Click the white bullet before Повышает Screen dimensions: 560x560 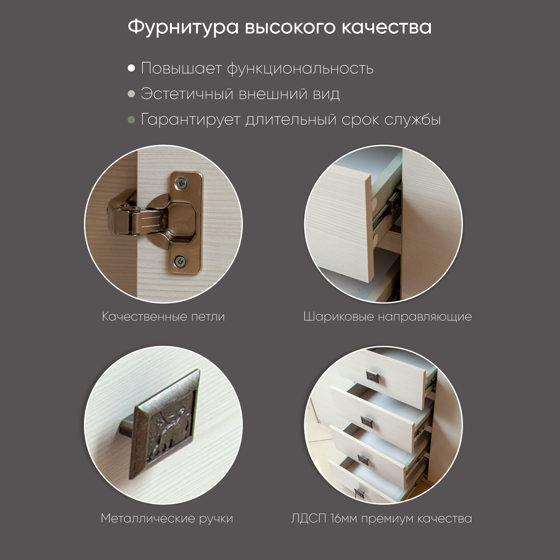[x=131, y=68]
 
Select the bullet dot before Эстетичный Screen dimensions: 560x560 [x=131, y=94]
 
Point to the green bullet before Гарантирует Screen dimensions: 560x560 [x=131, y=120]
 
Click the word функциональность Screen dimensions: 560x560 [x=300, y=69]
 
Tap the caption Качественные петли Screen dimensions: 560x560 [x=163, y=317]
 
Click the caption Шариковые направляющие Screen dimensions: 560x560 [x=387, y=317]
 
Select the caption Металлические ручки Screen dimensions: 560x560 [x=167, y=518]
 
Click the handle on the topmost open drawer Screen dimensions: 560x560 [x=372, y=376]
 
